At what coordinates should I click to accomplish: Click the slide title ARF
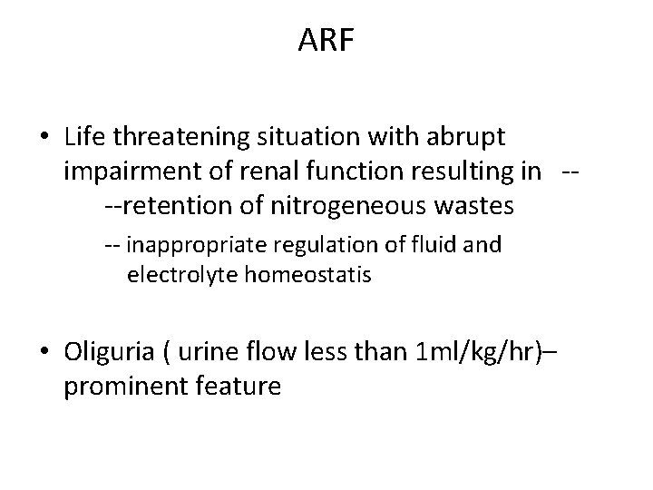pos(326,40)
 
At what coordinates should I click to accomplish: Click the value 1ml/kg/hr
pos(471,351)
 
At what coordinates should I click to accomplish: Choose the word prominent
pos(127,386)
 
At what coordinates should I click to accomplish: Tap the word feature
pos(239,386)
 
